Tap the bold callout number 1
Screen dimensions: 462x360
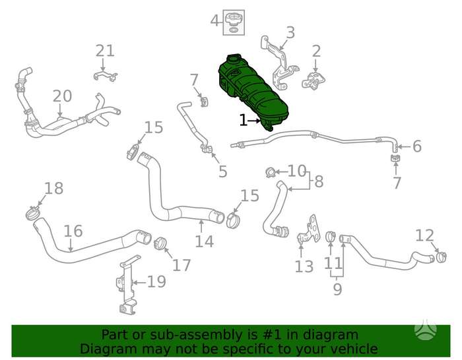click(x=243, y=121)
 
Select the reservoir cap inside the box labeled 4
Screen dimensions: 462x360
click(x=234, y=20)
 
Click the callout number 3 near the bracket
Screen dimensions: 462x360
click(x=290, y=32)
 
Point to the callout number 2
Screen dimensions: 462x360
click(x=316, y=51)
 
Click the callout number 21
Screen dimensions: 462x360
click(x=105, y=51)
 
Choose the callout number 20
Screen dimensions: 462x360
click(x=62, y=96)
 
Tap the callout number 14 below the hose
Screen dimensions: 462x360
click(x=204, y=241)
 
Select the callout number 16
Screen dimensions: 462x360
click(x=73, y=231)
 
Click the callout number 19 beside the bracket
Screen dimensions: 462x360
click(x=156, y=282)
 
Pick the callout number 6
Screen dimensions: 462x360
click(x=417, y=146)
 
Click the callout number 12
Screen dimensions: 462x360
click(x=424, y=235)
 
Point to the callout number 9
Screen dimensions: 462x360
click(x=337, y=289)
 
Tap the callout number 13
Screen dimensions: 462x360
click(x=304, y=266)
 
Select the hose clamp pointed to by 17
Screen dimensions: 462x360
click(x=160, y=243)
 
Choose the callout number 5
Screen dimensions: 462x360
click(x=223, y=171)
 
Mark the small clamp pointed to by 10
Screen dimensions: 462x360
click(x=270, y=172)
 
